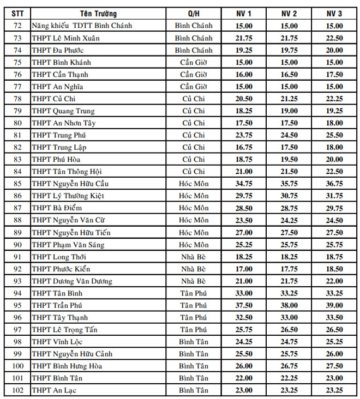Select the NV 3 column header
(334, 13)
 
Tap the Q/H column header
(194, 13)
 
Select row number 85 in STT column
(17, 184)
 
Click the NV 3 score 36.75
(334, 184)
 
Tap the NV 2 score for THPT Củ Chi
(289, 99)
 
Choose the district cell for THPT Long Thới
(194, 257)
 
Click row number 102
(17, 390)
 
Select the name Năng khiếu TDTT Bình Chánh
(82, 26)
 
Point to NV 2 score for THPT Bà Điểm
(289, 208)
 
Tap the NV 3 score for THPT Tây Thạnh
(334, 317)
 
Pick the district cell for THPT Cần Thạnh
(194, 75)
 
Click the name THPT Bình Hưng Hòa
(67, 366)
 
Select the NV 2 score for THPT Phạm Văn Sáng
(289, 245)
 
